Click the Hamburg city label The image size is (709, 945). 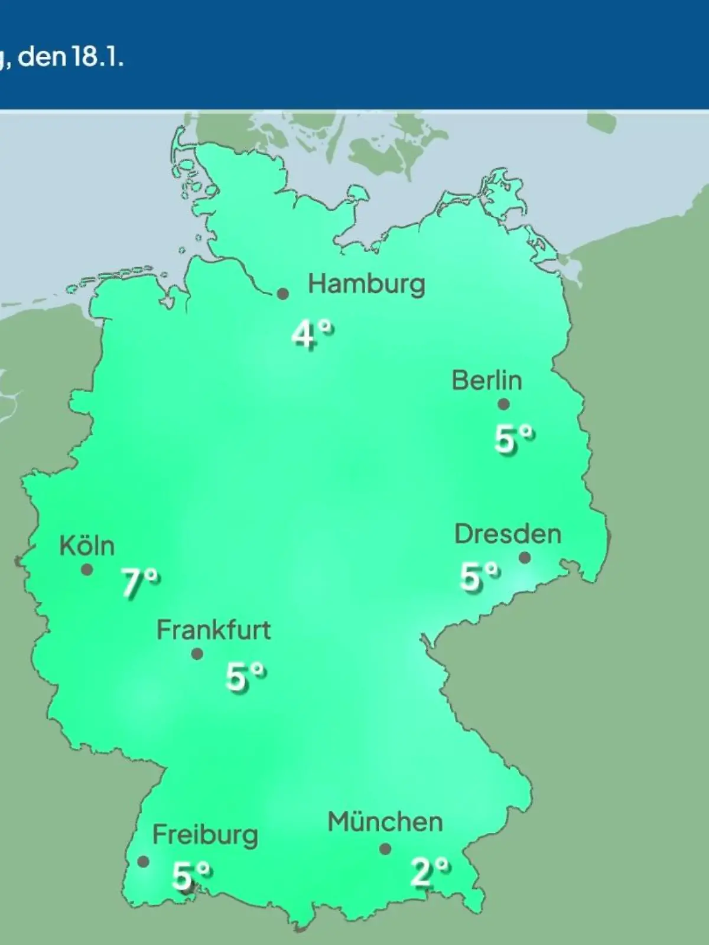(366, 285)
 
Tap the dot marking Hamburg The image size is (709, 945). (283, 294)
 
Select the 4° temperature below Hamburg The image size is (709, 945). (311, 335)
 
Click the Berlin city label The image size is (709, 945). (487, 380)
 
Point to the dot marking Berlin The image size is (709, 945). (503, 405)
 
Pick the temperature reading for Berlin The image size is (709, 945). (513, 439)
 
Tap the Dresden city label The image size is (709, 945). (508, 535)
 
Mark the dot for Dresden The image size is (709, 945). (524, 558)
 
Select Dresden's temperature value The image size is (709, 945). (479, 576)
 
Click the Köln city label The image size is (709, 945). (87, 546)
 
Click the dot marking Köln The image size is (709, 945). (87, 570)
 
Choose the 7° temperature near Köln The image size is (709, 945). (140, 583)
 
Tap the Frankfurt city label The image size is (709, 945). (213, 630)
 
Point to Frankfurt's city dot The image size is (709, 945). (197, 654)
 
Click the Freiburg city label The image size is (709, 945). (205, 835)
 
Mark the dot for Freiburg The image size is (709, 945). (143, 862)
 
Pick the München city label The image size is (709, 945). (385, 822)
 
